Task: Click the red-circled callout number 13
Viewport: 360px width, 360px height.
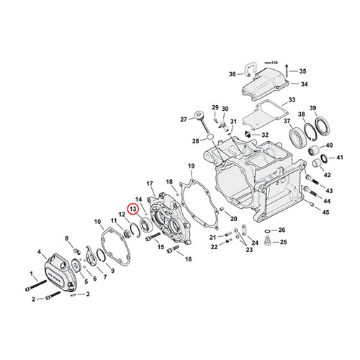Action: tap(132, 209)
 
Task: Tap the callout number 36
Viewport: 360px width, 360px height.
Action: tap(233, 74)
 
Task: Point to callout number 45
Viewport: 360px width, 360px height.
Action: tap(325, 212)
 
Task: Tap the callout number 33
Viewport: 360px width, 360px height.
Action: tap(292, 99)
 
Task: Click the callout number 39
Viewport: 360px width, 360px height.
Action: tap(312, 107)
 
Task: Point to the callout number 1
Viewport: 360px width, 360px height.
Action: tap(32, 274)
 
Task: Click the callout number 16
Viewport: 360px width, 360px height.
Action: tap(188, 258)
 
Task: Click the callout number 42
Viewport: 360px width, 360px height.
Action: tap(325, 175)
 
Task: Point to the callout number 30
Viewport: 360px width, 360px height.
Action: tap(225, 109)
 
